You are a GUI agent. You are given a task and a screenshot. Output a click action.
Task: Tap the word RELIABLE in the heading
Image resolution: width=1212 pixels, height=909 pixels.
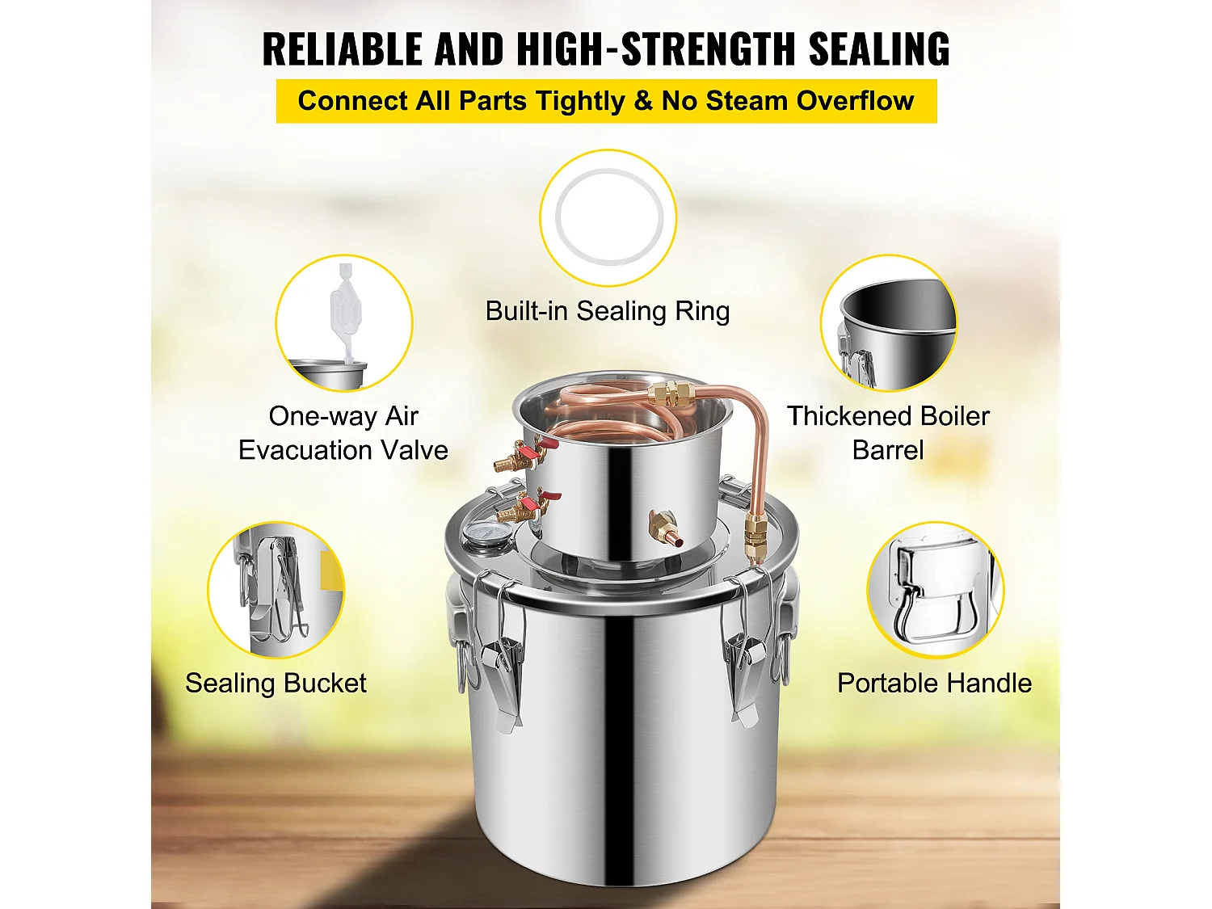point(343,49)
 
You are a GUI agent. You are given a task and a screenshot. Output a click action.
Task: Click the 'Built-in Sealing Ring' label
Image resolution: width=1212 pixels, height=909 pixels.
point(607,311)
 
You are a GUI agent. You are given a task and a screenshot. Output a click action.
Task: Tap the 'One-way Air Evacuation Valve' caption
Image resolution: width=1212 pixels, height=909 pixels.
point(343,433)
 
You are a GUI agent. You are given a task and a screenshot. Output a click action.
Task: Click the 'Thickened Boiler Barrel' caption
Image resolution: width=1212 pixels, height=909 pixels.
point(888,433)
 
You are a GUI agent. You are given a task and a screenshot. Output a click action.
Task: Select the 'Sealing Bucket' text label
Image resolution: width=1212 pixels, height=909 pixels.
point(276,684)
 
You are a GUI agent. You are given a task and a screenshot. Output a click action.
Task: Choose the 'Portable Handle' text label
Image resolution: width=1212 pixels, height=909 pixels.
point(934,684)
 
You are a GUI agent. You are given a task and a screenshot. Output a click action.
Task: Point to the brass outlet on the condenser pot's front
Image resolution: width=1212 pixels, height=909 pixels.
point(666,527)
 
